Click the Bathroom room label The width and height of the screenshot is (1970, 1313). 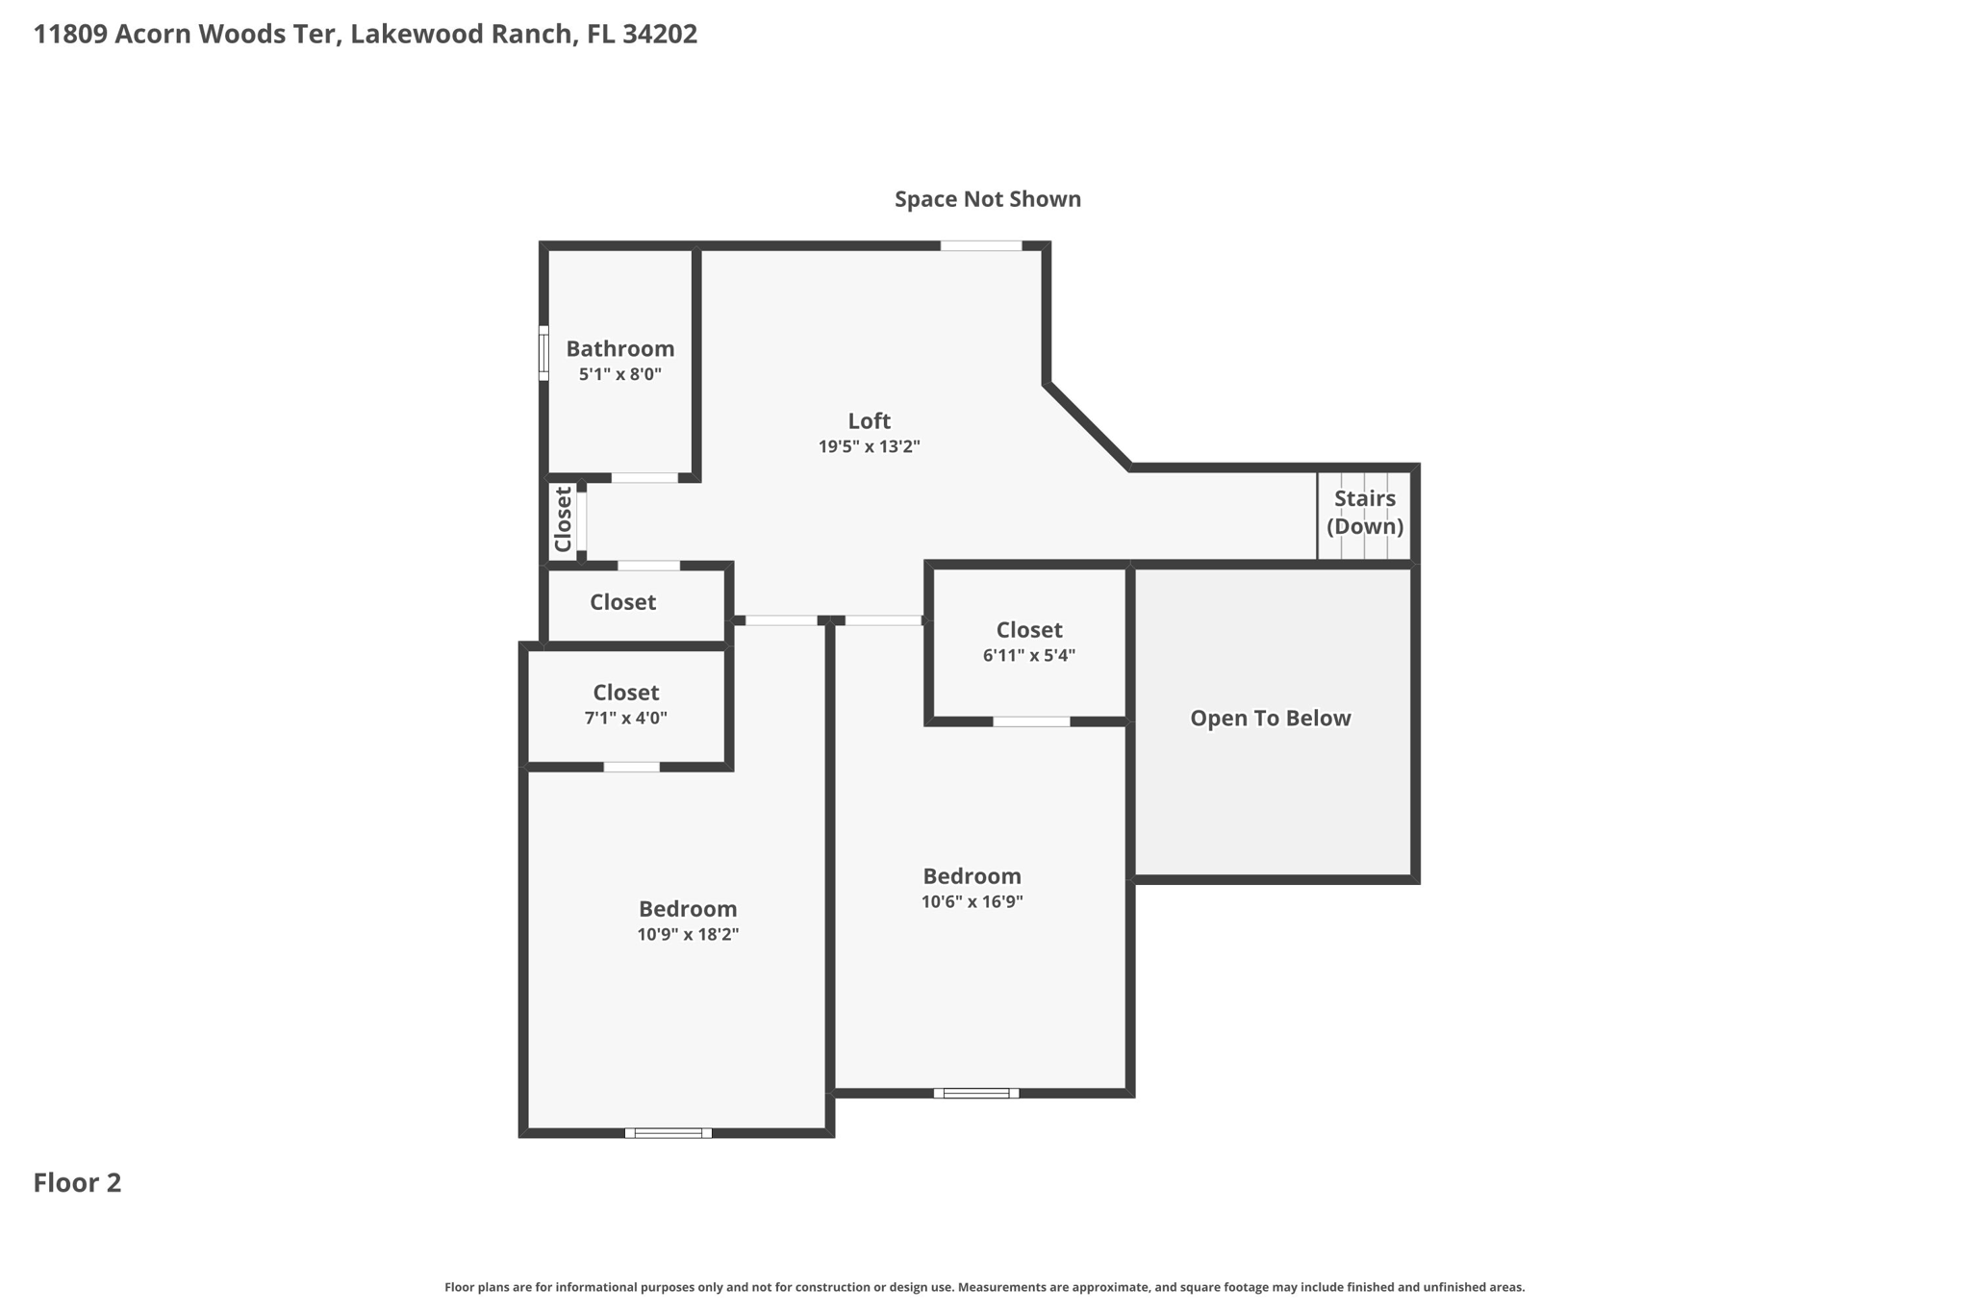(619, 348)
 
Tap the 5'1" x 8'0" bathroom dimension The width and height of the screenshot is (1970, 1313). (619, 374)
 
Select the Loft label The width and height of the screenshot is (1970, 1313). (869, 420)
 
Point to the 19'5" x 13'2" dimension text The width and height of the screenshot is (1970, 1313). (869, 446)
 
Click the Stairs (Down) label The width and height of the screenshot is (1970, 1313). (1364, 512)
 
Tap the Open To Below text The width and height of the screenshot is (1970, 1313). (1270, 718)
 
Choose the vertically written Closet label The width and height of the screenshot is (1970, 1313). (564, 519)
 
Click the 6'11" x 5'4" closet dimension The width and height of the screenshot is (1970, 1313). (1028, 655)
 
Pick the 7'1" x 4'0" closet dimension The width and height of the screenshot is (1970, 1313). (625, 718)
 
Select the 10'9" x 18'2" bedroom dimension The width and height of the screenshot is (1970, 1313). (687, 934)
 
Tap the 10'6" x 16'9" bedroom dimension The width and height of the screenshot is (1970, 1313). (972, 901)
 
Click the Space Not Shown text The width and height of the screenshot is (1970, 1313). (987, 199)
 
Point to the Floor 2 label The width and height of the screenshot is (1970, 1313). (77, 1182)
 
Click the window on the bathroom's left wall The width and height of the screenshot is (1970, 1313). (543, 353)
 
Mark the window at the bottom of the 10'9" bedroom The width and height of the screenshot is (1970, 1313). (668, 1133)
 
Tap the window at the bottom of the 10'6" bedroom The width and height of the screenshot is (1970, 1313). (975, 1093)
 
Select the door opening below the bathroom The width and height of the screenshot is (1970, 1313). (644, 478)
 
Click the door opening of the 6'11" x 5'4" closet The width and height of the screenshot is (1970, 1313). (1031, 721)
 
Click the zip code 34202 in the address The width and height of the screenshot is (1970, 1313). (659, 35)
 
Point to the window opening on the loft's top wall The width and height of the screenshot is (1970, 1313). (980, 246)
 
